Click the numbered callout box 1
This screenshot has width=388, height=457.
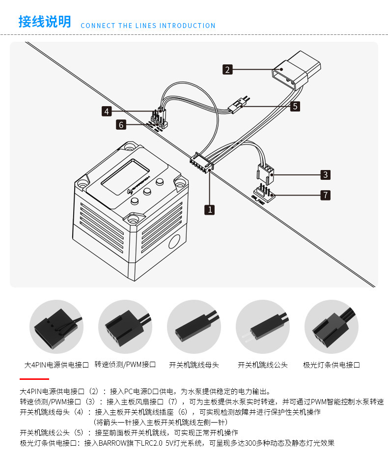210,209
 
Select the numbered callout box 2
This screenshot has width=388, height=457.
227,69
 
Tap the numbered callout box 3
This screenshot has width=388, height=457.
325,174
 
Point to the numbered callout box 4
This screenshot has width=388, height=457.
107,112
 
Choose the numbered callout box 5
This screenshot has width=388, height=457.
295,106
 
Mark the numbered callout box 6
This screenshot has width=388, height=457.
121,125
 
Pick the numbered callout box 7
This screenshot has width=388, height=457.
325,195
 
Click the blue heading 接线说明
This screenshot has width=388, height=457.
45,22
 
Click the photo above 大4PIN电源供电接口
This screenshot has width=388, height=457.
56,326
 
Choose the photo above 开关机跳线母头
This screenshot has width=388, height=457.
194,326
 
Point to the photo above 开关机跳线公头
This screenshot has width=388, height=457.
262,326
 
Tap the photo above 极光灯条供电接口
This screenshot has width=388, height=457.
331,326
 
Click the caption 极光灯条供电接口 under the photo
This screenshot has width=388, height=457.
332,365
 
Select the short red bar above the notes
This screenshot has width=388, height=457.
34,379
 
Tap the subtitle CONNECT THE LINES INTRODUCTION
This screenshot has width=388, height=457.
148,26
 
